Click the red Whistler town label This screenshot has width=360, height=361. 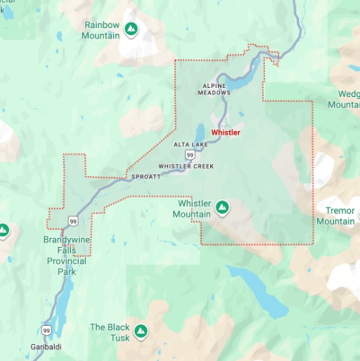click(x=226, y=132)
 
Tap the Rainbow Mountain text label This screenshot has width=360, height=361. click(x=102, y=30)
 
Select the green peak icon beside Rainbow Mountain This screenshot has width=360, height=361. click(x=130, y=29)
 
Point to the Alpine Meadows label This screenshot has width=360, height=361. click(x=214, y=89)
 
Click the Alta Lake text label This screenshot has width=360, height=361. click(x=188, y=144)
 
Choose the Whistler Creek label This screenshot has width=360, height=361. click(x=186, y=166)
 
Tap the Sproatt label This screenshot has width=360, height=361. click(x=146, y=177)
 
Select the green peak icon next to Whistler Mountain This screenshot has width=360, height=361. click(x=222, y=207)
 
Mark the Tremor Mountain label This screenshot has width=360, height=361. click(x=335, y=216)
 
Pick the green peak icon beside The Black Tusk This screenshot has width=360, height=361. click(x=141, y=330)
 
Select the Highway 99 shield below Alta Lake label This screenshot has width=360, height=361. click(x=190, y=154)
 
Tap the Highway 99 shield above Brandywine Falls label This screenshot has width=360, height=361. click(x=73, y=222)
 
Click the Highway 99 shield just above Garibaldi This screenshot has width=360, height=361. click(x=46, y=330)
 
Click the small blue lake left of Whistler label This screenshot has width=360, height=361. click(x=200, y=132)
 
